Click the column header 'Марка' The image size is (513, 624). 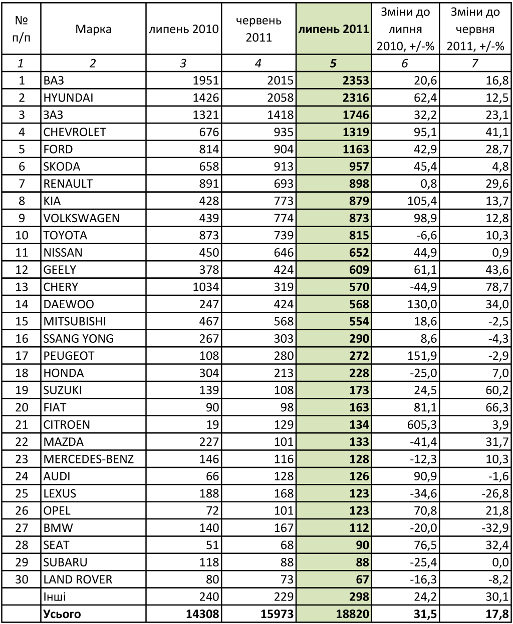tap(93, 29)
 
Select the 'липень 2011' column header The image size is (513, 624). tap(334, 29)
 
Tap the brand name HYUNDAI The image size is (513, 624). tap(68, 98)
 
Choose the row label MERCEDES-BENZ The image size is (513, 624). tap(89, 459)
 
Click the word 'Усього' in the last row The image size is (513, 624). tap(62, 614)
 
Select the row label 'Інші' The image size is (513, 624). tap(55, 596)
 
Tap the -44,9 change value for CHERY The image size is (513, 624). tap(423, 287)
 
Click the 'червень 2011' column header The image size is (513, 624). tap(259, 29)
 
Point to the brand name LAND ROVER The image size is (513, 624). tap(78, 579)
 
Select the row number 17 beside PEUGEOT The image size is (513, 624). tap(22, 356)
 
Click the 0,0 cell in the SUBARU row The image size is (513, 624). tap(500, 562)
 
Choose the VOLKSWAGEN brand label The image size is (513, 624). tap(82, 218)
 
